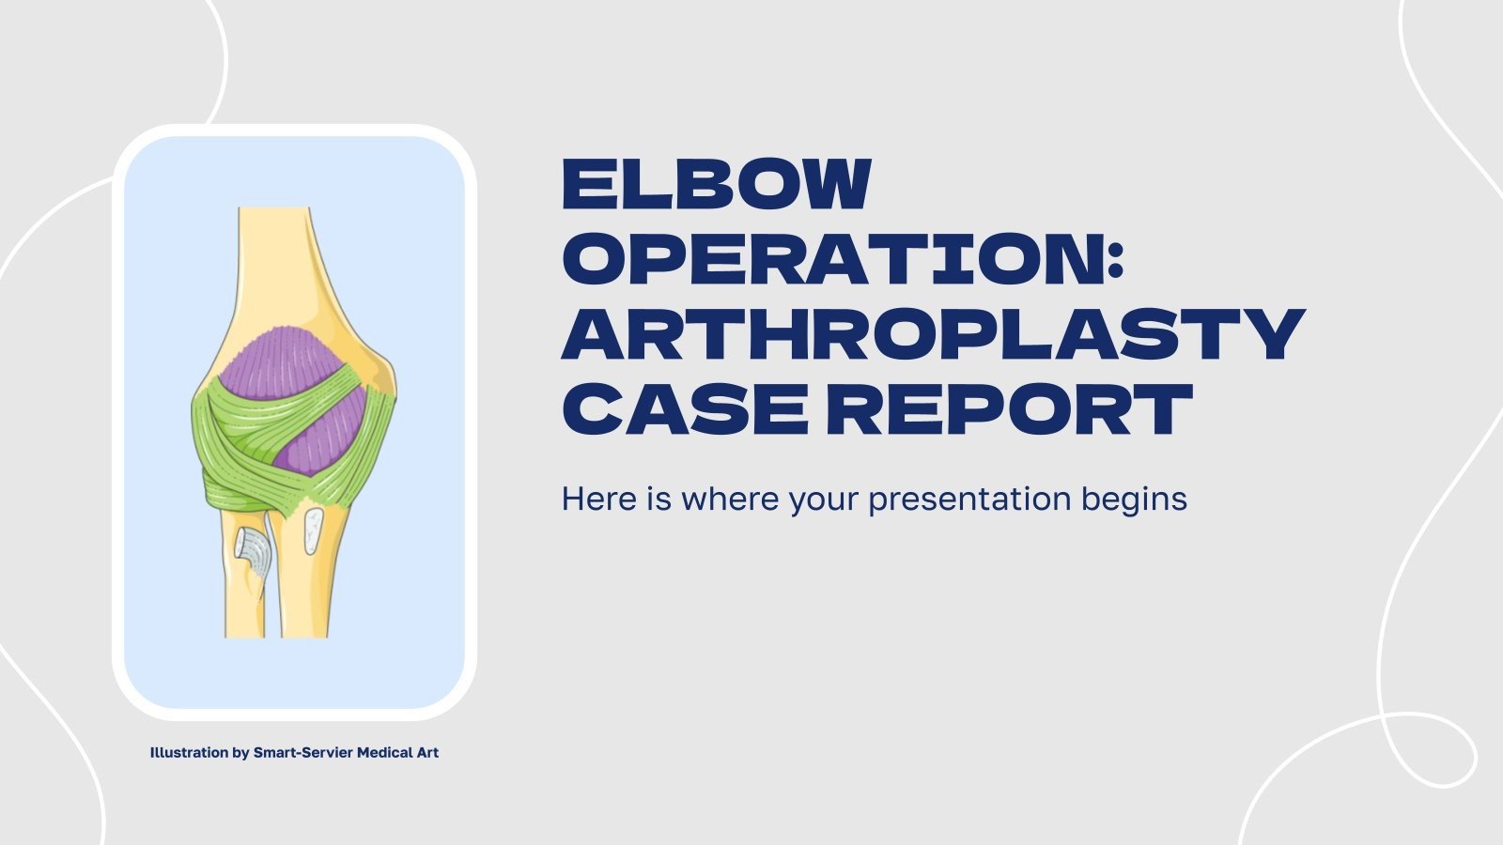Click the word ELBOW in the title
pyautogui.click(x=717, y=184)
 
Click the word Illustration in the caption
pyautogui.click(x=189, y=752)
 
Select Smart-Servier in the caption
pyautogui.click(x=302, y=752)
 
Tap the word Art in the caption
pyautogui.click(x=427, y=752)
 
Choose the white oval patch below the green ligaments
pyautogui.click(x=314, y=531)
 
